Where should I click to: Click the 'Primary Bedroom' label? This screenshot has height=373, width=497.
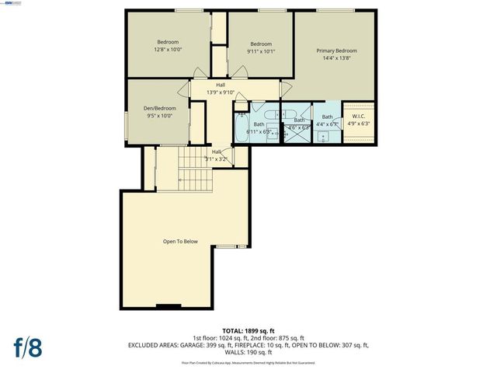coord(336,51)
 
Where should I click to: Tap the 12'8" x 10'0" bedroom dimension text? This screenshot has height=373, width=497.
coord(169,49)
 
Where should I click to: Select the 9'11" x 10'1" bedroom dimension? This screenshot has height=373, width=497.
coord(261,51)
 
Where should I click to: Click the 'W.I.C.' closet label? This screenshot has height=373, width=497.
coord(358,117)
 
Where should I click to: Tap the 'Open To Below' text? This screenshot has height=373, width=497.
coord(180,241)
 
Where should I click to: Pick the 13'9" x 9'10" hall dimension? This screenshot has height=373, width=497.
coord(221,92)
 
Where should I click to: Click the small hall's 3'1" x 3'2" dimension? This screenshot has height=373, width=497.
coord(217,159)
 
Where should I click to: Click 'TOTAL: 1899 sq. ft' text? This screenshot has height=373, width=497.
coord(248,329)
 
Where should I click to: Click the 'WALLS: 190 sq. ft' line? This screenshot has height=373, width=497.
coord(248,352)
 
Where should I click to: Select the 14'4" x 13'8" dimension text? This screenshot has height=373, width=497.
coord(336,58)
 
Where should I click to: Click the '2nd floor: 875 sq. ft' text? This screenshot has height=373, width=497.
coord(277,337)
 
